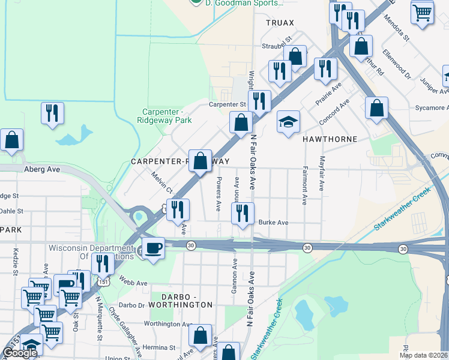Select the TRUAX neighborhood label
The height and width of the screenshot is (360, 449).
point(280,23)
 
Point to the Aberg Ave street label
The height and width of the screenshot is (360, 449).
point(42,170)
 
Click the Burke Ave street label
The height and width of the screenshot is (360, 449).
point(273,223)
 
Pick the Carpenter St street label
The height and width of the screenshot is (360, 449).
point(228,104)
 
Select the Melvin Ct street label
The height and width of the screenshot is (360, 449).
point(162,182)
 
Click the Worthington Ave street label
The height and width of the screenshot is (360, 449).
point(166,324)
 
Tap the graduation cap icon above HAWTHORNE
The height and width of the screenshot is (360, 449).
point(288,122)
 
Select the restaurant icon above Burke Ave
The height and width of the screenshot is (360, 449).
point(243,214)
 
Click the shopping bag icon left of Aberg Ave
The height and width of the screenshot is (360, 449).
point(12,140)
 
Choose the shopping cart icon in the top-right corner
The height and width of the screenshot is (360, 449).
point(423,12)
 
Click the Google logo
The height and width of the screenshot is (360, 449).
point(20,353)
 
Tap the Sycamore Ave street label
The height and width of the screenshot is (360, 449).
point(430,108)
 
